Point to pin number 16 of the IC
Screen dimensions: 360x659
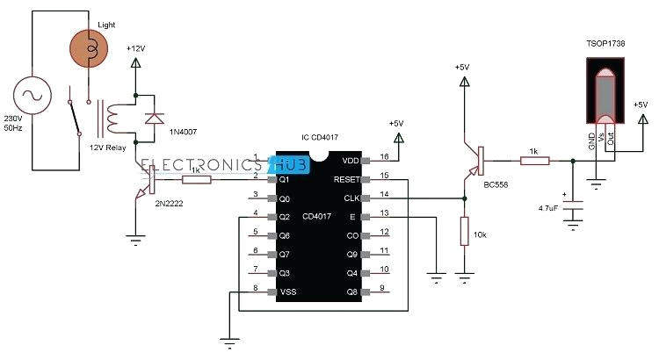[x=384, y=155]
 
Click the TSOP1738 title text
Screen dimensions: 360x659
[x=605, y=43]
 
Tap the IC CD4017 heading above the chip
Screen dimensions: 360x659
[x=319, y=138]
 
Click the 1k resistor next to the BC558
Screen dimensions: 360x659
[x=534, y=161]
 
